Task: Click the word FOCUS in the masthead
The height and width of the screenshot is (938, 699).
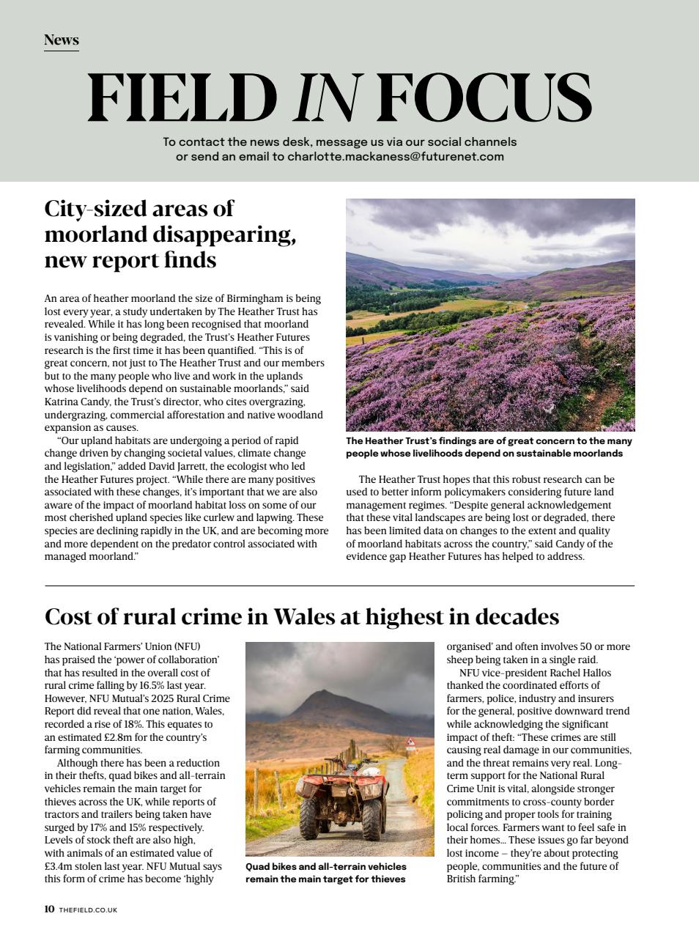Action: coord(484,98)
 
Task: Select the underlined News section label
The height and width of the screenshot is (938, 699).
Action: coord(61,40)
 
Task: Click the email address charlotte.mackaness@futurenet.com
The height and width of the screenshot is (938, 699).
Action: coord(395,156)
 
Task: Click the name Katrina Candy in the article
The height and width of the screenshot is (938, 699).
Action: coord(76,402)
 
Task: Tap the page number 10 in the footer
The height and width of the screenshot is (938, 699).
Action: coord(49,909)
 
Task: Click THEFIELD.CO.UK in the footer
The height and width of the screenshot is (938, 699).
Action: coord(88,910)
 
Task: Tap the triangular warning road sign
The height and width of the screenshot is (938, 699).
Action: coord(410,742)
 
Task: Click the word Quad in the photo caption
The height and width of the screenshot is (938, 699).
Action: coord(258,866)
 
